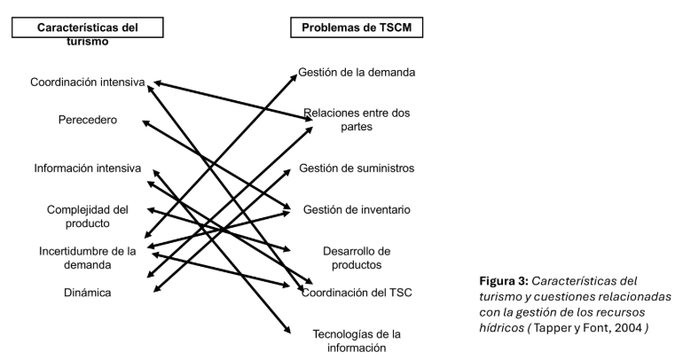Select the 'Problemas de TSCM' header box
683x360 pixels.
point(357,29)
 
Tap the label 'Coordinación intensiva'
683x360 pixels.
point(87,82)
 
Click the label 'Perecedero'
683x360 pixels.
point(87,120)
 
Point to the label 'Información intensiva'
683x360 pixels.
point(87,168)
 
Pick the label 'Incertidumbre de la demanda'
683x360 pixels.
point(87,257)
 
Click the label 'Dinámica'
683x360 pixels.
point(87,293)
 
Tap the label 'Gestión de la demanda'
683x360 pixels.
point(357,73)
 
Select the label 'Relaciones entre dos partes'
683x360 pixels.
point(357,120)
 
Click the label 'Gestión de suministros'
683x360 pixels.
point(357,168)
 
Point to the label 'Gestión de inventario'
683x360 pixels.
point(357,210)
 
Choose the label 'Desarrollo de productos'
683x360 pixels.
point(357,257)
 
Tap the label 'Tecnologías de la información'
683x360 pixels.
point(357,340)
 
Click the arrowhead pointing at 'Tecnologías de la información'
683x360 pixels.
point(287,331)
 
